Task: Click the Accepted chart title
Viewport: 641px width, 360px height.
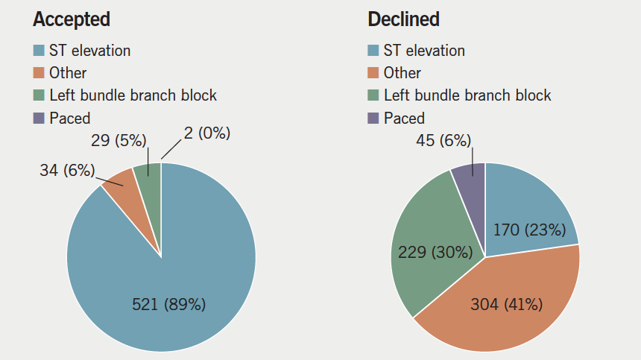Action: point(72,19)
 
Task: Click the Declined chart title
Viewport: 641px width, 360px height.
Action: point(403,19)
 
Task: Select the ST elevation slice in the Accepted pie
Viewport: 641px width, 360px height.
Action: point(186,253)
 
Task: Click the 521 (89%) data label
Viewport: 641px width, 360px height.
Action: point(168,304)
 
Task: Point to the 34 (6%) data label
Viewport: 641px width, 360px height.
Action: point(67,170)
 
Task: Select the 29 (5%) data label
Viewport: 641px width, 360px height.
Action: point(120,141)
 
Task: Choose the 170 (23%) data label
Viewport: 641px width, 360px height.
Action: point(530,230)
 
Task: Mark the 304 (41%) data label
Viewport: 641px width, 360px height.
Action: point(506,304)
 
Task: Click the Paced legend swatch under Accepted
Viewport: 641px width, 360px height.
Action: point(39,118)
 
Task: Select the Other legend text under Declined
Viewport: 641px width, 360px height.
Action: point(402,73)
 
